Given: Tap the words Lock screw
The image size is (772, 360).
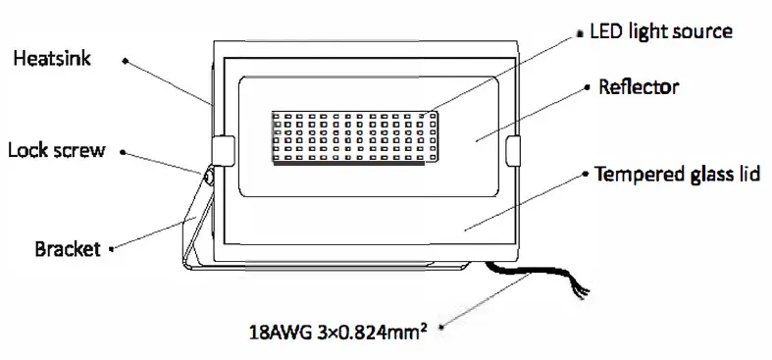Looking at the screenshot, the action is click(56, 151).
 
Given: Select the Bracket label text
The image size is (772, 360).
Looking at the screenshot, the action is click(68, 248).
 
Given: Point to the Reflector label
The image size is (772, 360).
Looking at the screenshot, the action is click(638, 87).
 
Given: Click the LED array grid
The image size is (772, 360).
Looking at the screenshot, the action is click(354, 137).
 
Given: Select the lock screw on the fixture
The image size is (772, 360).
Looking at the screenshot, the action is click(209, 177).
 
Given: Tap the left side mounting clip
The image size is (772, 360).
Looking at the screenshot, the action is click(222, 150).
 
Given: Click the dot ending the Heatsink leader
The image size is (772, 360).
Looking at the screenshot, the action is click(125, 60).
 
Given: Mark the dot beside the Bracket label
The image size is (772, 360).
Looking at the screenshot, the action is click(115, 249).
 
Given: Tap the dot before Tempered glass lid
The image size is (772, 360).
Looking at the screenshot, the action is click(586, 177).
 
